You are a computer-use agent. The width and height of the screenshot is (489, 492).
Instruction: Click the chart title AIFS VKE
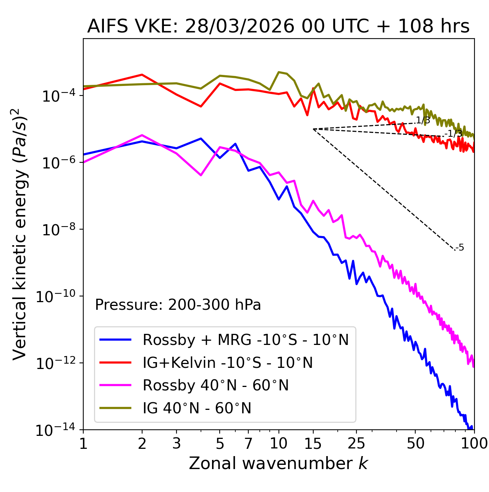point(278,27)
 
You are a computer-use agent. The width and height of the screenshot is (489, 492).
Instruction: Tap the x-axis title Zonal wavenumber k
point(278,463)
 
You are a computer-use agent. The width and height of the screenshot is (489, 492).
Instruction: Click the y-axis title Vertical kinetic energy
point(20,234)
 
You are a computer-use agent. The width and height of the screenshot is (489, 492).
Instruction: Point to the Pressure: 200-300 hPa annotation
point(178,305)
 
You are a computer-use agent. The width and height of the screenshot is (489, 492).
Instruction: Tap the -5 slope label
point(460,248)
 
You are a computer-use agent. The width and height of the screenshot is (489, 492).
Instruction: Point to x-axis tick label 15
point(313,443)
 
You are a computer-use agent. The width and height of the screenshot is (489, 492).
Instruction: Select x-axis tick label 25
point(356,443)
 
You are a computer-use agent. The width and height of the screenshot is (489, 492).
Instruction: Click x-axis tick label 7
point(248,443)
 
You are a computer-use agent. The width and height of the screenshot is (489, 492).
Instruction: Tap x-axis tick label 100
point(474,443)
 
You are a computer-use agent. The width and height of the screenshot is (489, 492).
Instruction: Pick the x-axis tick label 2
point(142,443)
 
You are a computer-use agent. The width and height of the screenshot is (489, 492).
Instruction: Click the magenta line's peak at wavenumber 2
point(142,135)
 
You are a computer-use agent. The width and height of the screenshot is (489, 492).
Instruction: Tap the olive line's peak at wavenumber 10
point(279,72)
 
